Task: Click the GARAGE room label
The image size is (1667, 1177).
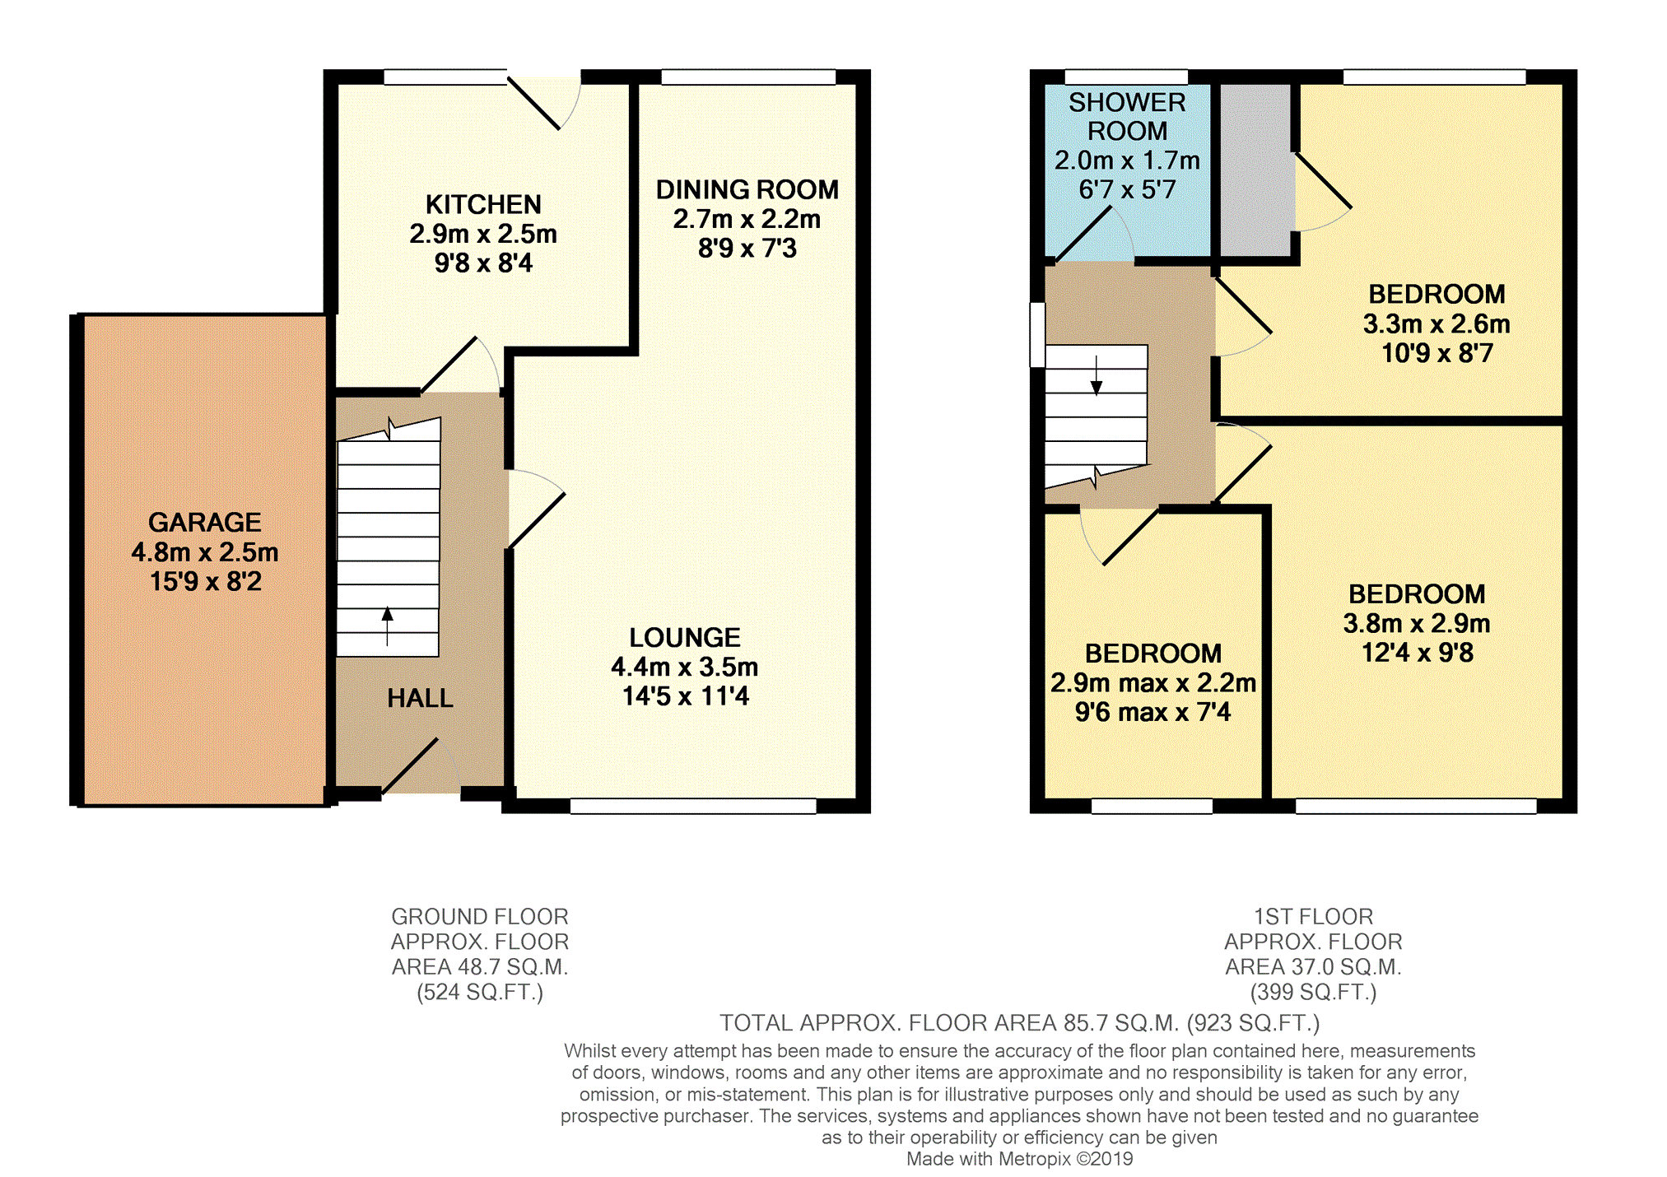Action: tap(205, 522)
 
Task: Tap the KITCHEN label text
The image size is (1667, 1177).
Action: tap(483, 204)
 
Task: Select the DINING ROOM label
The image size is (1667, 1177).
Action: tap(747, 189)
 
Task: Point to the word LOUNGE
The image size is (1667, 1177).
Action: tap(685, 637)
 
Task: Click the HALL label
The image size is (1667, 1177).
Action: tap(420, 698)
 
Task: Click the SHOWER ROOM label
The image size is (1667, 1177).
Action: tap(1127, 116)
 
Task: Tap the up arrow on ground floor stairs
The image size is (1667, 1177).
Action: tap(388, 626)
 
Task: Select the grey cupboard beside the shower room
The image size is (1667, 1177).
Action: tap(1255, 170)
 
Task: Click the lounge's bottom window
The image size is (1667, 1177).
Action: tap(693, 806)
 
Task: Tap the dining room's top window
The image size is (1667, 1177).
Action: tap(748, 77)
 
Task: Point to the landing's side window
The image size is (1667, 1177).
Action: tap(1038, 334)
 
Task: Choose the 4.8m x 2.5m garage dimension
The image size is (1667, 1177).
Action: tap(205, 551)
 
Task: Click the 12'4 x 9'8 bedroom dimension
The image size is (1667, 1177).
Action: tap(1417, 653)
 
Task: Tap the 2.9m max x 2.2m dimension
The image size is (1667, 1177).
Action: tap(1153, 682)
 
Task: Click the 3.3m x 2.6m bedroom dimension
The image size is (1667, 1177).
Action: tap(1437, 323)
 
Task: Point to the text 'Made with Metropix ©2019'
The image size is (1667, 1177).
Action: tap(1019, 1159)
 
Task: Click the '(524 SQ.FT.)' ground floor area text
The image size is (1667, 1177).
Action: tap(480, 992)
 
